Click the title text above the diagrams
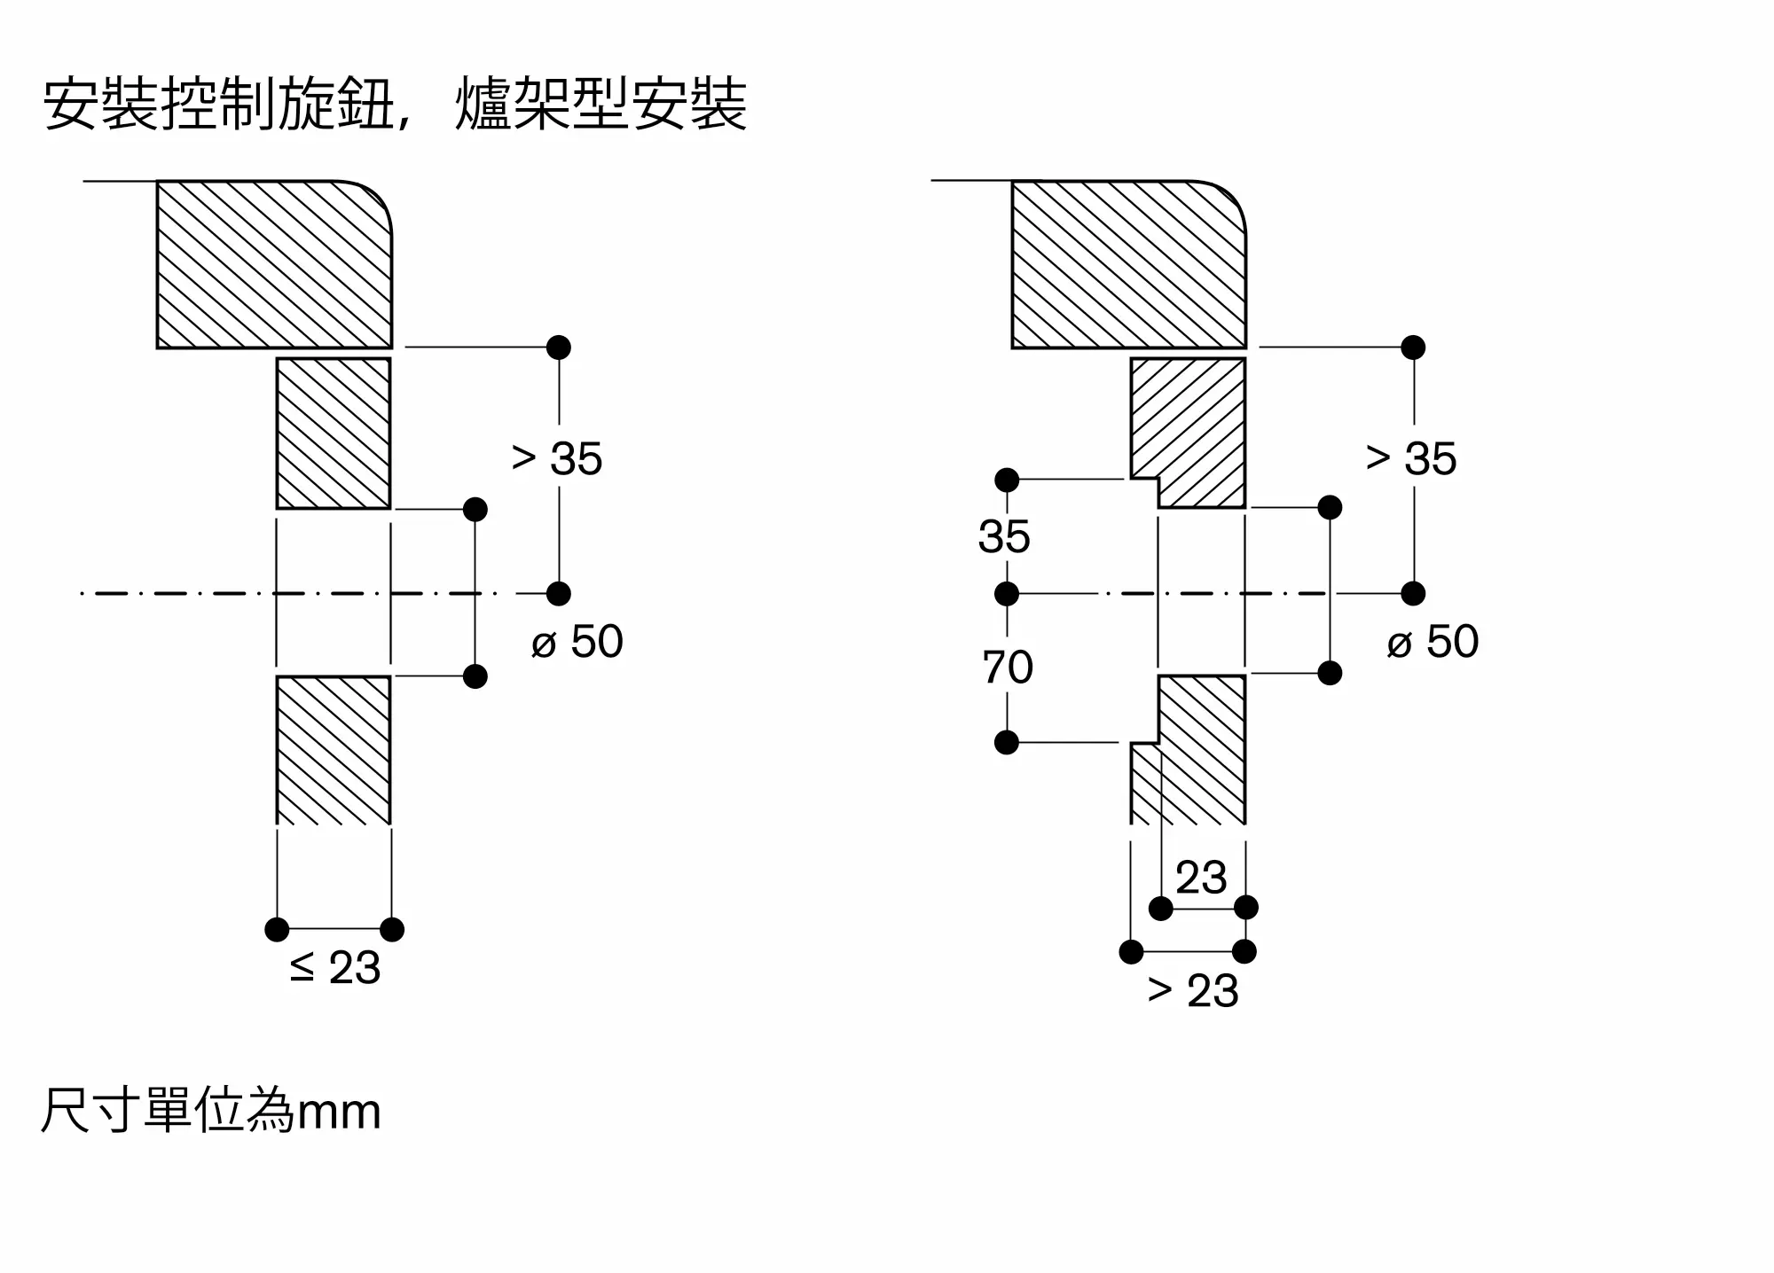tap(396, 105)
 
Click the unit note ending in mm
tap(211, 1111)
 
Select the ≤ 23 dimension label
tap(335, 967)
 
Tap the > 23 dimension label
tap(1193, 990)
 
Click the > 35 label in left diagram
tap(557, 458)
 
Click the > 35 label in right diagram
tap(1411, 458)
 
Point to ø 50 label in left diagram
tap(577, 641)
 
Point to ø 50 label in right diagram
tap(1433, 641)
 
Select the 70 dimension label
tap(1008, 668)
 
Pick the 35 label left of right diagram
tap(1004, 536)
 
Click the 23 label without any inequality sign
tap(1201, 878)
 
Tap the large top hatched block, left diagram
tap(274, 264)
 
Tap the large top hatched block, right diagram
tap(1129, 264)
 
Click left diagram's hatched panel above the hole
tap(334, 433)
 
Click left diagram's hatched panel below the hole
tap(334, 751)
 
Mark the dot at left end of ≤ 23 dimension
tap(277, 929)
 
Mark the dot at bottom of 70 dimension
tap(1007, 742)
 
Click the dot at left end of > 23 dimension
tap(1131, 952)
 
